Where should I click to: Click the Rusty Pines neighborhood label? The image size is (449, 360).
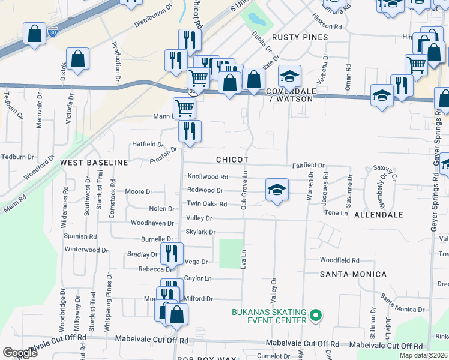coord(300,37)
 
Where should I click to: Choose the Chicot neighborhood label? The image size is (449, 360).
coord(232,160)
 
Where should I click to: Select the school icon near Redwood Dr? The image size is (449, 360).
coord(277,190)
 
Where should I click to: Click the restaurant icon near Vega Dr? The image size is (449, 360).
coord(171,254)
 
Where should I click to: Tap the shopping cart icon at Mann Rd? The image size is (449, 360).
coord(184,108)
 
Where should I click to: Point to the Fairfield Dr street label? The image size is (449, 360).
coord(308,165)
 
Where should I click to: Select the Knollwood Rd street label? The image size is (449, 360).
coord(208,177)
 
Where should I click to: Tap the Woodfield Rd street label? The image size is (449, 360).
coord(339,260)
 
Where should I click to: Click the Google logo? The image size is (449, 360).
coord(20,353)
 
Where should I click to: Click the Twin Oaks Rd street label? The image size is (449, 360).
coord(206,204)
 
